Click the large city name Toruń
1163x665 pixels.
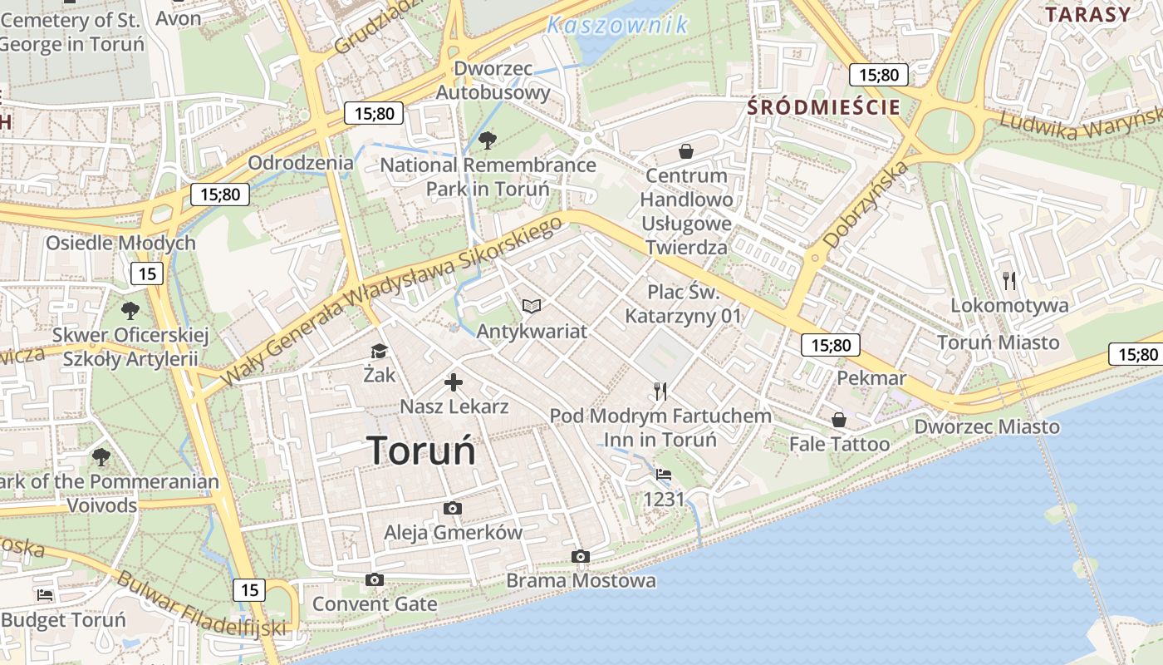(421, 451)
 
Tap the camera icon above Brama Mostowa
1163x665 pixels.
(581, 556)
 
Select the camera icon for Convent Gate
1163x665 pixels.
(375, 579)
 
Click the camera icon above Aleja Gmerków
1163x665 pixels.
(453, 508)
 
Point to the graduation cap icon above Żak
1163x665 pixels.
(380, 351)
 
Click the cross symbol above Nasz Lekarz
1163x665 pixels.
(454, 382)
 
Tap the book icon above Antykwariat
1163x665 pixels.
(532, 306)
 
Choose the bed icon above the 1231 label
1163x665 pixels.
(663, 475)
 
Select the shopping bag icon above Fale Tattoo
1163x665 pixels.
(839, 419)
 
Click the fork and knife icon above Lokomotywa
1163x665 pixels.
(1009, 280)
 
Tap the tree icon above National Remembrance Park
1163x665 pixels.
(488, 140)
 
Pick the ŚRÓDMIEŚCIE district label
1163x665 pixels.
(823, 106)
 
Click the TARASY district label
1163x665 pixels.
(1088, 14)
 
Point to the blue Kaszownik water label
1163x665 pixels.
(617, 25)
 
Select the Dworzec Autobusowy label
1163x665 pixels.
(493, 80)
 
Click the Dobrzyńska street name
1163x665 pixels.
(867, 204)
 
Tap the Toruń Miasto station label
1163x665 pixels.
(998, 342)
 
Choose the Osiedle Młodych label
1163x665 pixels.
(120, 243)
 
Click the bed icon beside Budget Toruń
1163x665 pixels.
(45, 594)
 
